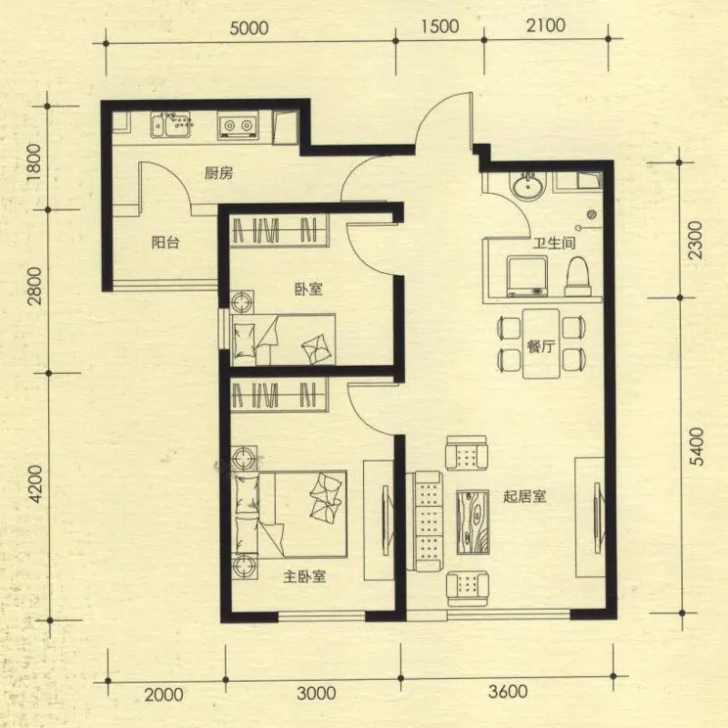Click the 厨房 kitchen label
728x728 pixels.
[218, 174]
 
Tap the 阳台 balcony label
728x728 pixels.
[166, 242]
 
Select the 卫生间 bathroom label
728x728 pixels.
[554, 243]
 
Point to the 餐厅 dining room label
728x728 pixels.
[541, 346]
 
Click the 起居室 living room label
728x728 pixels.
[525, 496]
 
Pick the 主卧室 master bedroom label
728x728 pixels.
[305, 577]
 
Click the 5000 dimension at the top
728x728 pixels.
[249, 28]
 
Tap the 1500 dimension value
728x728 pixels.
[440, 26]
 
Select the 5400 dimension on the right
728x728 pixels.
[696, 447]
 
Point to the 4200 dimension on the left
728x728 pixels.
[35, 485]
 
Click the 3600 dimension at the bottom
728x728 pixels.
[508, 692]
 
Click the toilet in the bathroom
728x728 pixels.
[579, 277]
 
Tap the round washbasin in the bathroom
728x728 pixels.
[529, 186]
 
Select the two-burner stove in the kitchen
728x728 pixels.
[238, 126]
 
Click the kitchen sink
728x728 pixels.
[171, 125]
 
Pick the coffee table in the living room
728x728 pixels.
[472, 521]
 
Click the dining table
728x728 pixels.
[541, 344]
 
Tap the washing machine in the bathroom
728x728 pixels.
[527, 276]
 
